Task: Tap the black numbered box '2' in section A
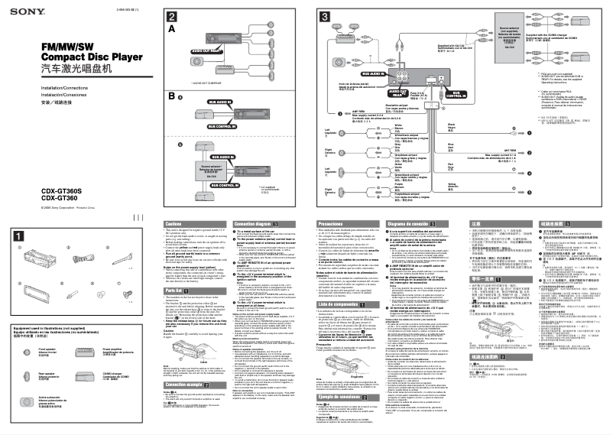[174, 16]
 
